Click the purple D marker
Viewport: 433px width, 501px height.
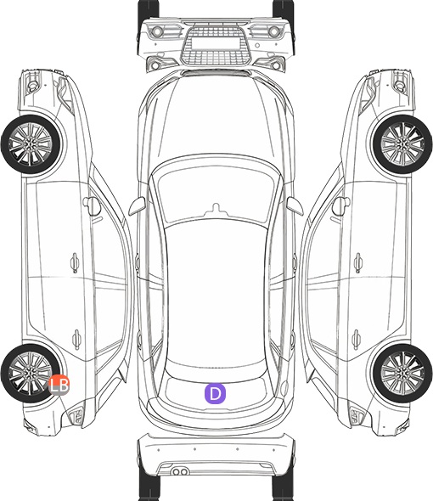(215, 393)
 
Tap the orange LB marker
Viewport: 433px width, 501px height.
(59, 385)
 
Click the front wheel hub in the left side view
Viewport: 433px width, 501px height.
(30, 144)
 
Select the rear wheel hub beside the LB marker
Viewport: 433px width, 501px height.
(30, 373)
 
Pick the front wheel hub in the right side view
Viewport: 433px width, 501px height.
(403, 144)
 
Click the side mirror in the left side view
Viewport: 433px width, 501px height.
(92, 205)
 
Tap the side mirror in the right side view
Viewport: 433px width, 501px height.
(341, 205)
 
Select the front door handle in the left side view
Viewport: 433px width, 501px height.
(75, 262)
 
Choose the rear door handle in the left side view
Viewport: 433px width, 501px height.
(76, 340)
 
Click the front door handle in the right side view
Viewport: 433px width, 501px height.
(358, 262)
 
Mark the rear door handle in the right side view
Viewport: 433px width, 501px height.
(357, 340)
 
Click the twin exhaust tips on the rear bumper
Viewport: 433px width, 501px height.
(180, 471)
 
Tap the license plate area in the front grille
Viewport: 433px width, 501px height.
(216, 43)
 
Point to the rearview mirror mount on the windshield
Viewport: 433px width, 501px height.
(216, 209)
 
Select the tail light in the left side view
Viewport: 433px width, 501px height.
(76, 416)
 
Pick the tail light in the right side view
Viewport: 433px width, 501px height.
(357, 416)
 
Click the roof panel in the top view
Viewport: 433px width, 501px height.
(216, 294)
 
